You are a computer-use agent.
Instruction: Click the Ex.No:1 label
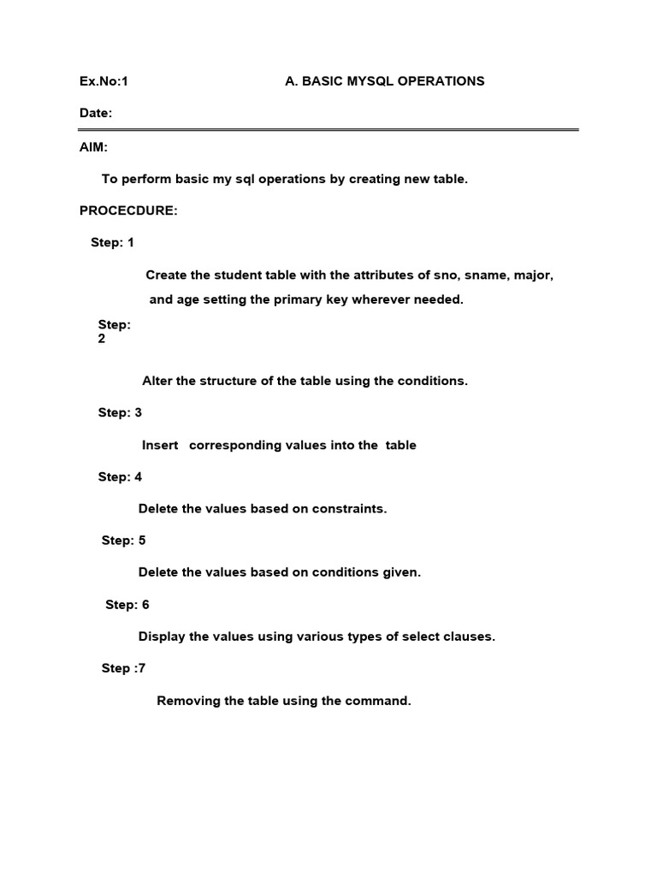pos(104,81)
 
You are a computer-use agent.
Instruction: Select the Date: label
pos(96,113)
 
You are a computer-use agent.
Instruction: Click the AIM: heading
pos(93,148)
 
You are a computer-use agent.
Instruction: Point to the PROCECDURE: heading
pos(128,211)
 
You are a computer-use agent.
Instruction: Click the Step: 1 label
pos(112,243)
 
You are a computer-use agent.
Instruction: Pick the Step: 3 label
pos(120,412)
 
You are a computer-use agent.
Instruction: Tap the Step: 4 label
pos(120,476)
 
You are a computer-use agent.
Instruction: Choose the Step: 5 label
pos(123,541)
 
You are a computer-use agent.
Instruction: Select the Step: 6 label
pos(127,605)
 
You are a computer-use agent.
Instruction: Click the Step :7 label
pos(123,668)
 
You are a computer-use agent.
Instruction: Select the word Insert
pos(160,445)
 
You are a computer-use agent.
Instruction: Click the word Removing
pos(188,701)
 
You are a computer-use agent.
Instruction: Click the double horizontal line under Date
pos(328,130)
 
